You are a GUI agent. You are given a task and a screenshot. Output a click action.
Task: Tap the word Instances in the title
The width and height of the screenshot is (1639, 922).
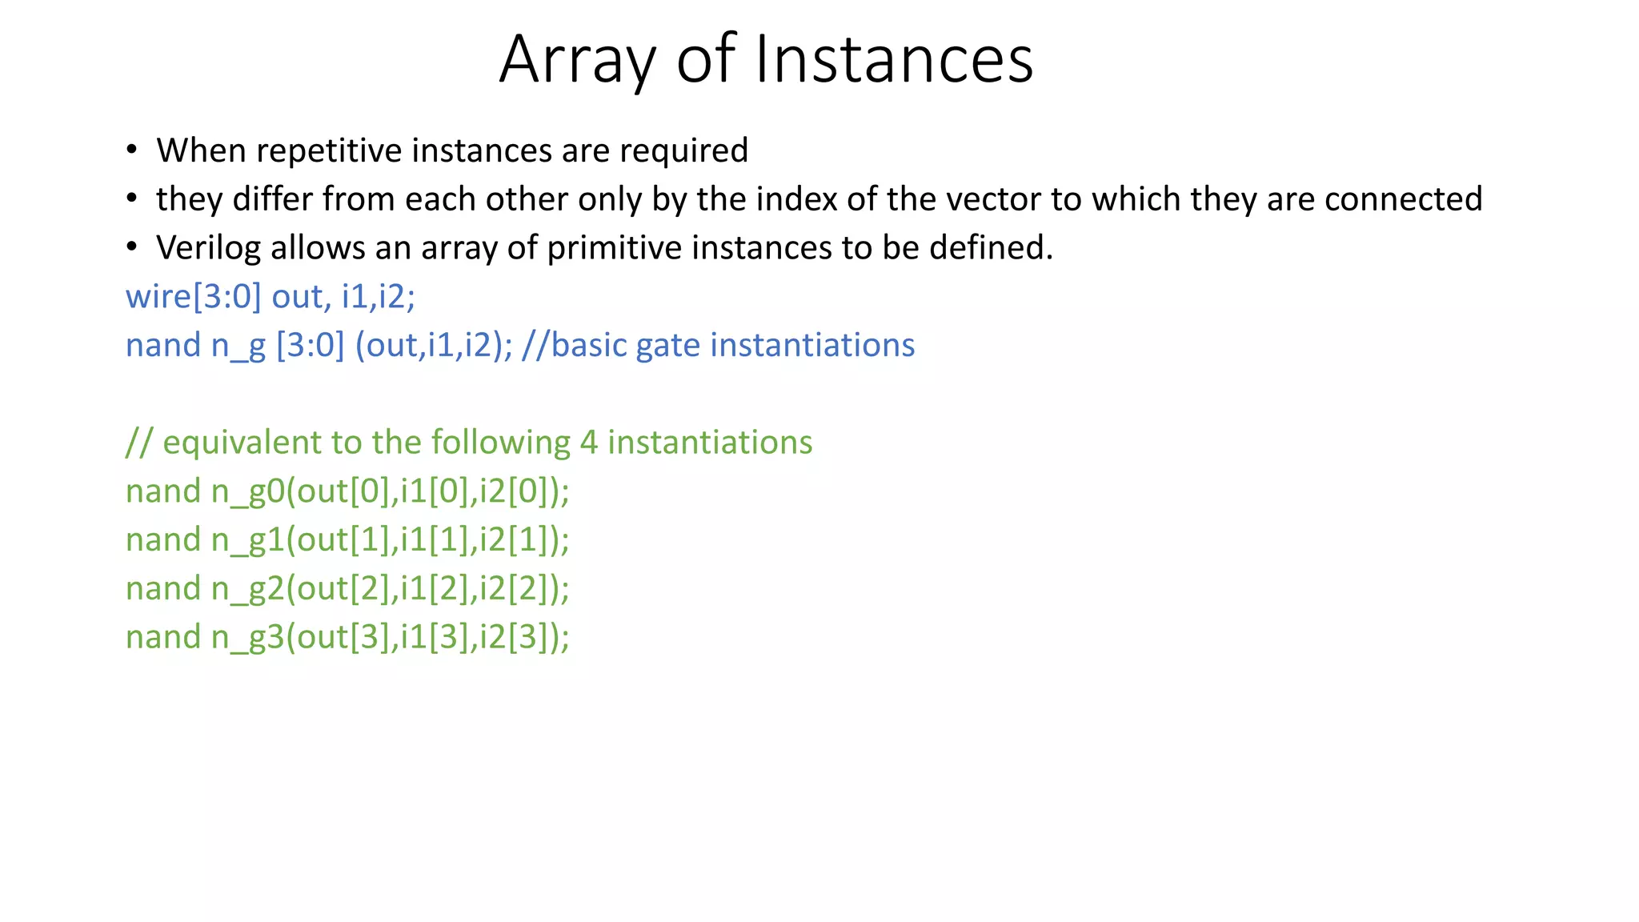point(894,60)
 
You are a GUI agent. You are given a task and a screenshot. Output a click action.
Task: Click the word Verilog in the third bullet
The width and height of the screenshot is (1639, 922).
point(208,248)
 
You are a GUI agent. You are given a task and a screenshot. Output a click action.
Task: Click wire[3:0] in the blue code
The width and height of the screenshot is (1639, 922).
point(194,297)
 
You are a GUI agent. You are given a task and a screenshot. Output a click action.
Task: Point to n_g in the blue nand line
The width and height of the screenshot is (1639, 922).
point(238,346)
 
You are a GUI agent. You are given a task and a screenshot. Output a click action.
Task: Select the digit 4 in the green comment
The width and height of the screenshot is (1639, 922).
point(588,443)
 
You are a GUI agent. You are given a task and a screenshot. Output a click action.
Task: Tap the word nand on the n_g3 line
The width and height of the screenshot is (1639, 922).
point(163,638)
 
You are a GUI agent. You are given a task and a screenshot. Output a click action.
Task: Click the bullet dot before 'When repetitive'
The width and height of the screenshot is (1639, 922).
point(132,150)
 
